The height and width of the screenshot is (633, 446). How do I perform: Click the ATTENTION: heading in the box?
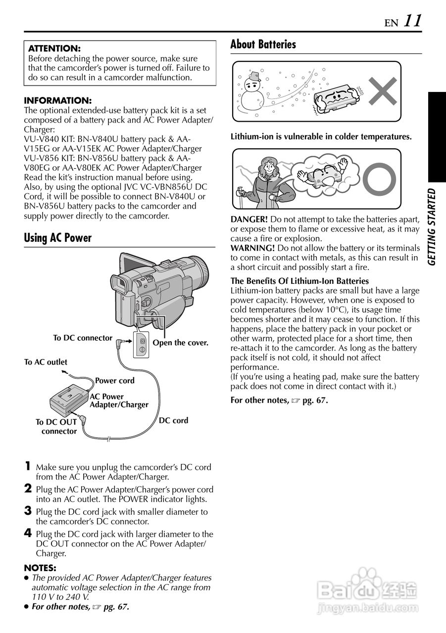[54, 49]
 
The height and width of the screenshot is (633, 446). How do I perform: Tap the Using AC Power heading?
[58, 238]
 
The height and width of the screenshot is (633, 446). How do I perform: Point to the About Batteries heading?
[263, 45]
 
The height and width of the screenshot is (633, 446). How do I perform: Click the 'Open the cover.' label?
[180, 343]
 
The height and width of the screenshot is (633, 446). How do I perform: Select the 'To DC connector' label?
[83, 338]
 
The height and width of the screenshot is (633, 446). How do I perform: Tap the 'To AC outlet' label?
[46, 362]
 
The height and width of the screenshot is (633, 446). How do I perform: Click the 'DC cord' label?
[173, 421]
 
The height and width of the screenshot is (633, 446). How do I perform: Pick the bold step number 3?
[28, 511]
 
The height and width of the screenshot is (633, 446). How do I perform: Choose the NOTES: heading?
[40, 568]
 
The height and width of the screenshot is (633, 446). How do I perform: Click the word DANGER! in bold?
[249, 219]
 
